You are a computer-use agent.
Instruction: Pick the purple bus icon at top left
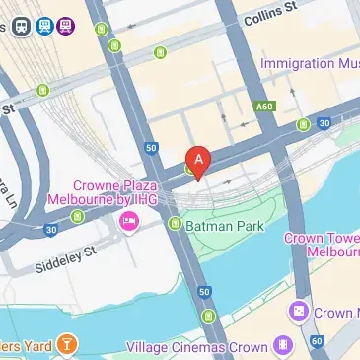pyautogui.click(x=66, y=27)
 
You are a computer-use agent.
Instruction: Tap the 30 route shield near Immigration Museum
pyautogui.click(x=325, y=123)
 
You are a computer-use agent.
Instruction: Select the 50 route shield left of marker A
pyautogui.click(x=151, y=148)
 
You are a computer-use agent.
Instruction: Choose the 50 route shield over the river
pyautogui.click(x=204, y=292)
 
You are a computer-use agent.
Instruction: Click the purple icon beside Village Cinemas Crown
pyautogui.click(x=283, y=346)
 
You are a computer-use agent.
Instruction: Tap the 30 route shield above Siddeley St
pyautogui.click(x=50, y=230)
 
